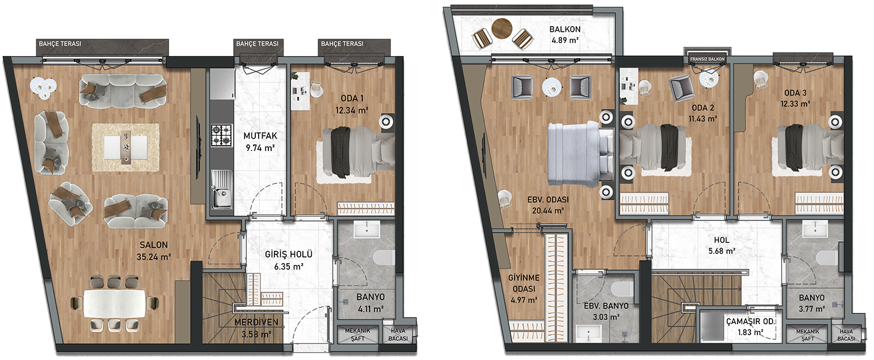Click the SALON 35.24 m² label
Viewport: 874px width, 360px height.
click(x=154, y=250)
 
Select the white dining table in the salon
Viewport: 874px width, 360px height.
click(x=114, y=303)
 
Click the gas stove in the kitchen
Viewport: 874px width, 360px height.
click(x=221, y=135)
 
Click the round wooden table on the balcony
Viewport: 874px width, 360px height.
click(x=502, y=28)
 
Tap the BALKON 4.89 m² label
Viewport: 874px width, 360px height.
click(x=565, y=35)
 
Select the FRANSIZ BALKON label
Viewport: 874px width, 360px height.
click(x=707, y=59)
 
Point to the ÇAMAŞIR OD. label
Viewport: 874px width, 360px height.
click(x=750, y=322)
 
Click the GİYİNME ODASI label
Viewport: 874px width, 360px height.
click(x=524, y=283)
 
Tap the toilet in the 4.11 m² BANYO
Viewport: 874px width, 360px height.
click(x=384, y=257)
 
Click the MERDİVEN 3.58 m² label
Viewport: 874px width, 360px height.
click(x=256, y=328)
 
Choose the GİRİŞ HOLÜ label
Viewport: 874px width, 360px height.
click(x=289, y=254)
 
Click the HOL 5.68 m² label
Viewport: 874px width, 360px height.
click(x=722, y=245)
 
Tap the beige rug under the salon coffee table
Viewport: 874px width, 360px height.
click(x=126, y=147)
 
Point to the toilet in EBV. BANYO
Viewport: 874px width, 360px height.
click(x=622, y=289)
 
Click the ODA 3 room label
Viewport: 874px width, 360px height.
click(x=795, y=93)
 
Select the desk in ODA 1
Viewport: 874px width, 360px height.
click(x=300, y=91)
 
